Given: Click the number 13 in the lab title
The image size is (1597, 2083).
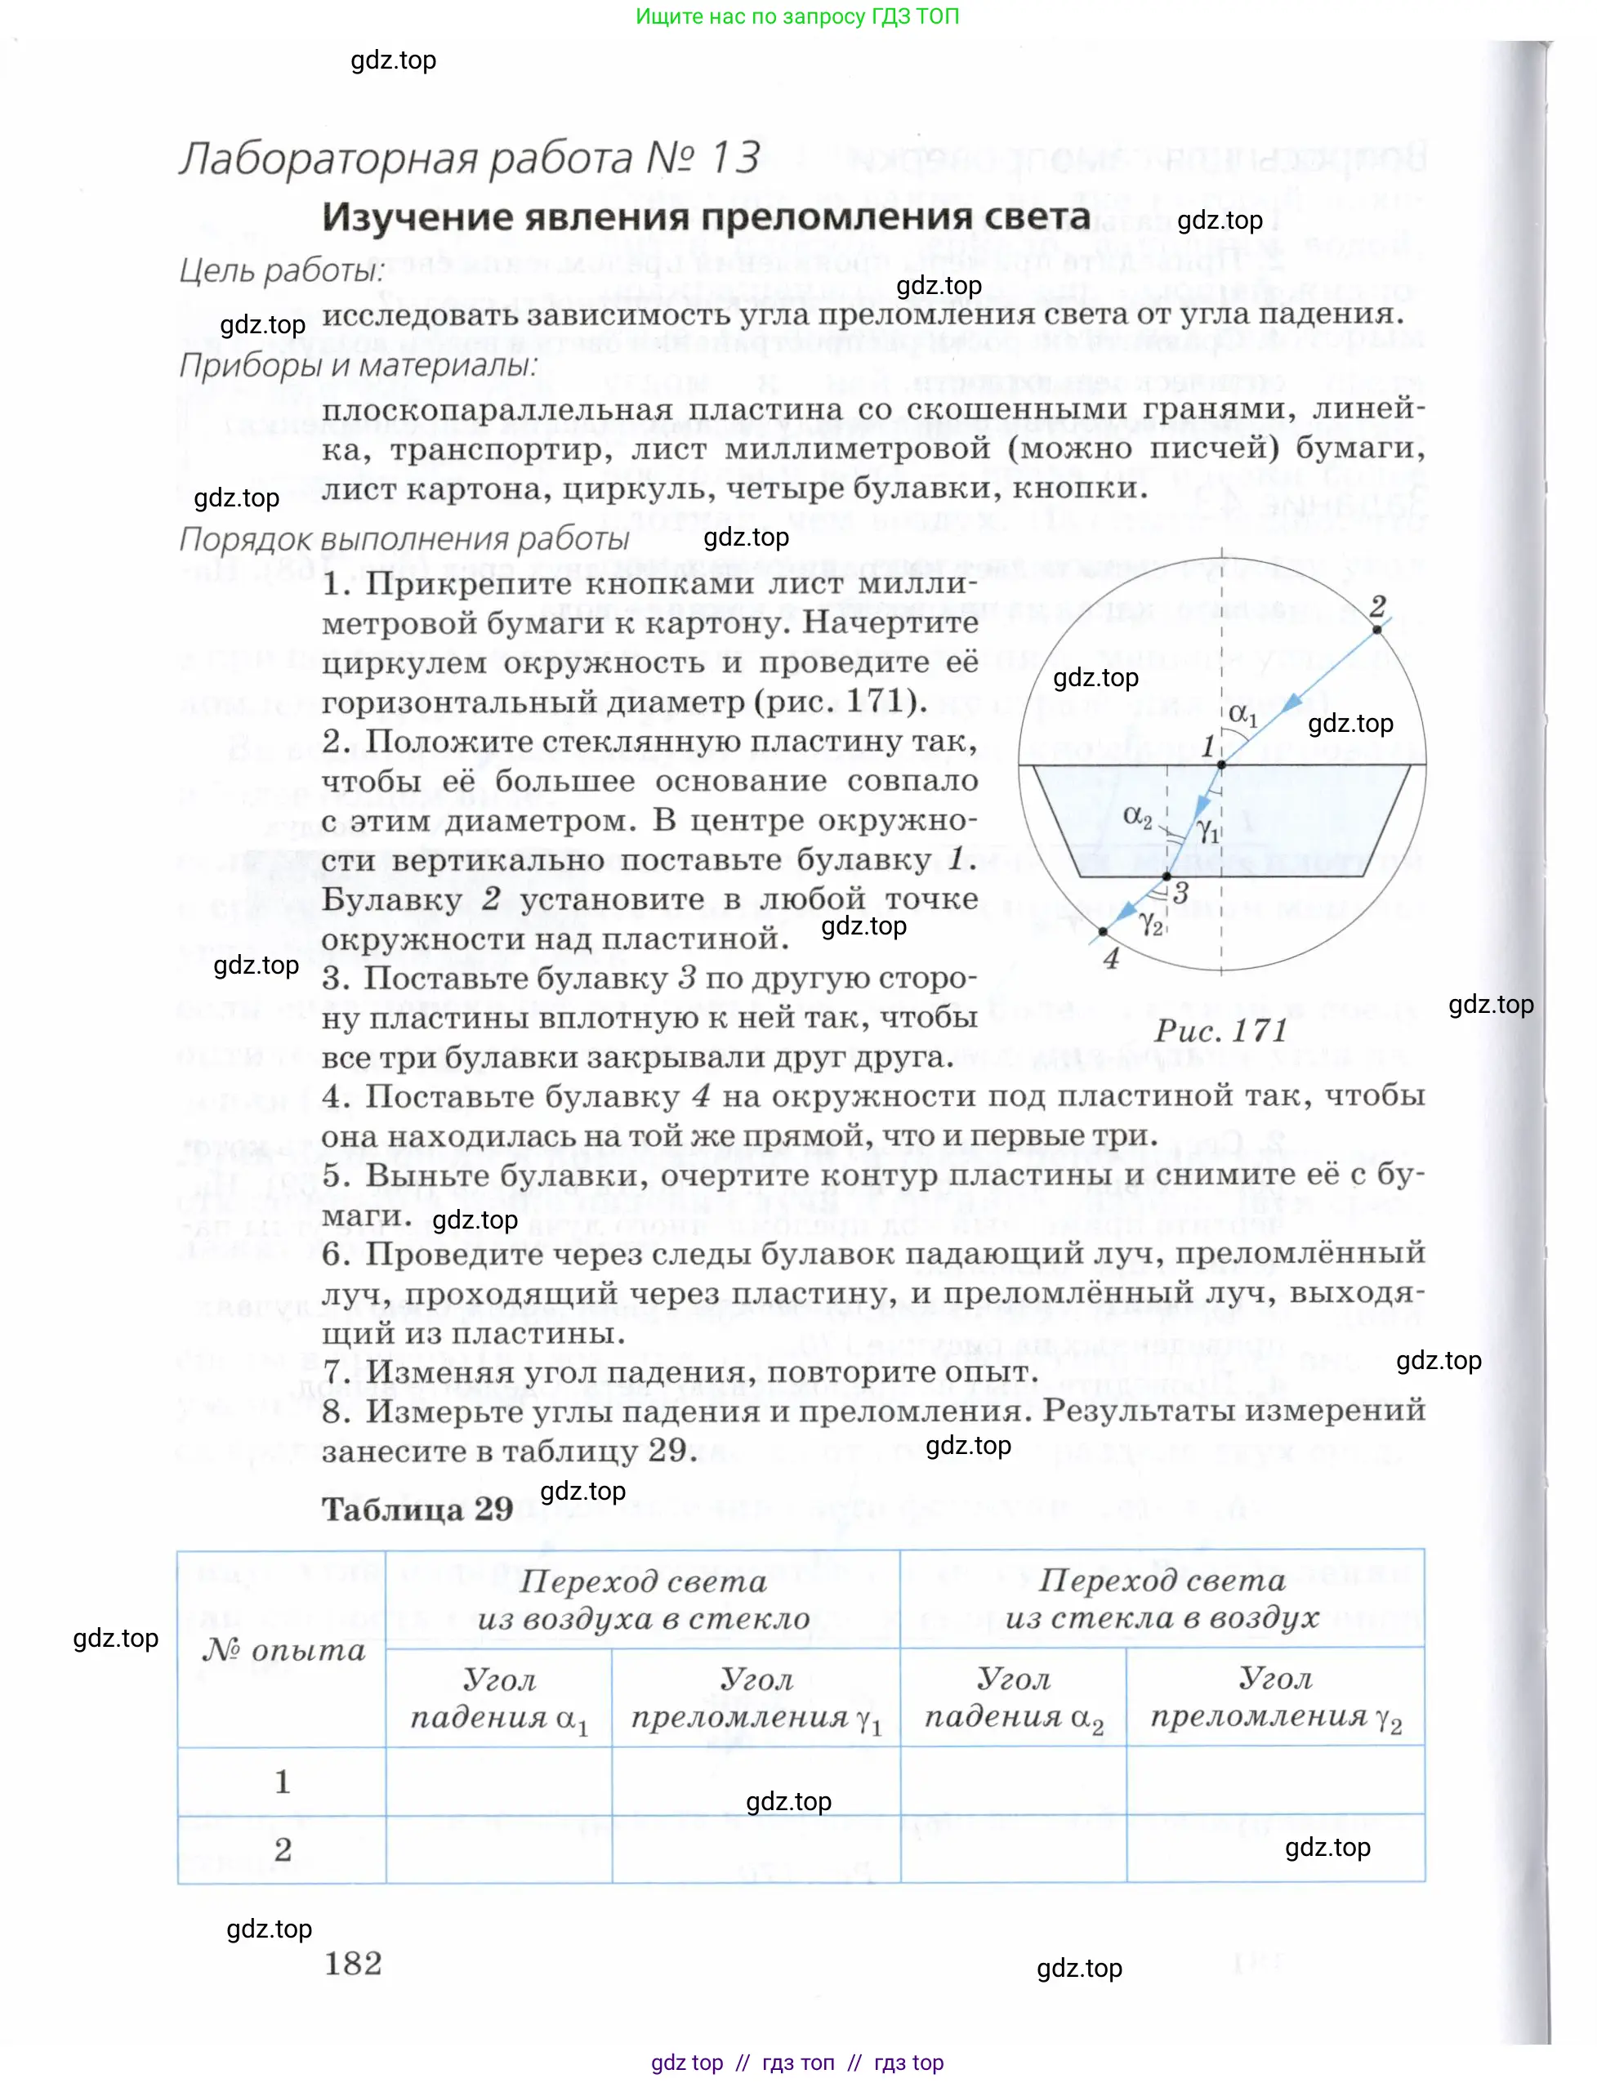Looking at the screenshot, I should (x=734, y=157).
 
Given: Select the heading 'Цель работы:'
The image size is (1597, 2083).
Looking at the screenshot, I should (x=281, y=271).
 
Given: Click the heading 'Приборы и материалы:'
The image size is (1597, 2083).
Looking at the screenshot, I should (x=358, y=365).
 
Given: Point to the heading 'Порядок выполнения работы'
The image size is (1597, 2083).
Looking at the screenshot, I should (x=404, y=539).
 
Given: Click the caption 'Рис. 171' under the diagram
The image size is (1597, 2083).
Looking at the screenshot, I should (x=1220, y=1031).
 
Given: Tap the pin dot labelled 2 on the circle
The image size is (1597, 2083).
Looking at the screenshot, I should (x=1376, y=629).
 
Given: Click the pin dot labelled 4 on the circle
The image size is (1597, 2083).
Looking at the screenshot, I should (x=1103, y=933).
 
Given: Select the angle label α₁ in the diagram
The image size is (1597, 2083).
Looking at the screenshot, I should (x=1242, y=713).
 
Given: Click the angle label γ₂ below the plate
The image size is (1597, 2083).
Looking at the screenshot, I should (x=1151, y=922).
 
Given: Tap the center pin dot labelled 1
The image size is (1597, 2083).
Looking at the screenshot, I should (x=1221, y=765).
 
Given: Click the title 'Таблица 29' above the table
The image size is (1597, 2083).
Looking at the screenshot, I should (x=417, y=1509).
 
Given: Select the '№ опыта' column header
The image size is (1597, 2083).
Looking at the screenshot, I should (x=283, y=1650).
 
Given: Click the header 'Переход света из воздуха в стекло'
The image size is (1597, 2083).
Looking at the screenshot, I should (x=643, y=1599).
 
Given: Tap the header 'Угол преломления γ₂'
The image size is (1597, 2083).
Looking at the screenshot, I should (x=1275, y=1698).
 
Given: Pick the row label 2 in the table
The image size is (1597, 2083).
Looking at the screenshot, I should (x=283, y=1850).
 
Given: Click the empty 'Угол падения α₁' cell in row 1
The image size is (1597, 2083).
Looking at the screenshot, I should (x=499, y=1782).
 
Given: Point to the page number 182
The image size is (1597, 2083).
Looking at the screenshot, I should (x=353, y=1963).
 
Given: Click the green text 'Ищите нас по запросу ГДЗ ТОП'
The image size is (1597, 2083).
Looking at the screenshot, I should (x=796, y=16).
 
